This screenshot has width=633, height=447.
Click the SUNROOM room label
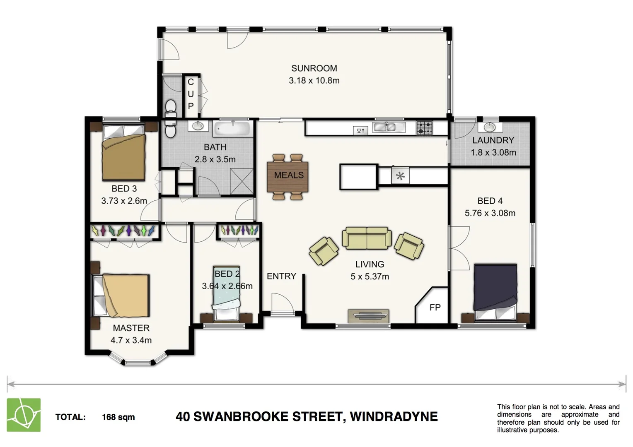tap(314, 68)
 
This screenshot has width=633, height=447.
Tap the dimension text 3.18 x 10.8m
tap(314, 81)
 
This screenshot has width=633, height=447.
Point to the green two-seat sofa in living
tap(367, 238)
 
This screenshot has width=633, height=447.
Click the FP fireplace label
tap(435, 308)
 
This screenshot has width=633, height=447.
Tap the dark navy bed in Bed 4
tap(495, 288)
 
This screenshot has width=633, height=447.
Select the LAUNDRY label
tap(493, 140)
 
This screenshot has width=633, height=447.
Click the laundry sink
tap(490, 126)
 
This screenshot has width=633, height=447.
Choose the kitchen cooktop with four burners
tap(424, 127)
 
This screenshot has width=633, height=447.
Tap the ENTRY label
tap(281, 276)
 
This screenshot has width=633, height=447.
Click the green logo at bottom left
tap(24, 415)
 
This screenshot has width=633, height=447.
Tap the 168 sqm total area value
tap(118, 417)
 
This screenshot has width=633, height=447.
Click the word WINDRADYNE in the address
tap(394, 416)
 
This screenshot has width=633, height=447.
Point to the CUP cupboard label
tap(191, 94)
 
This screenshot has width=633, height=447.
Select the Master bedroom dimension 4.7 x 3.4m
tap(131, 340)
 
